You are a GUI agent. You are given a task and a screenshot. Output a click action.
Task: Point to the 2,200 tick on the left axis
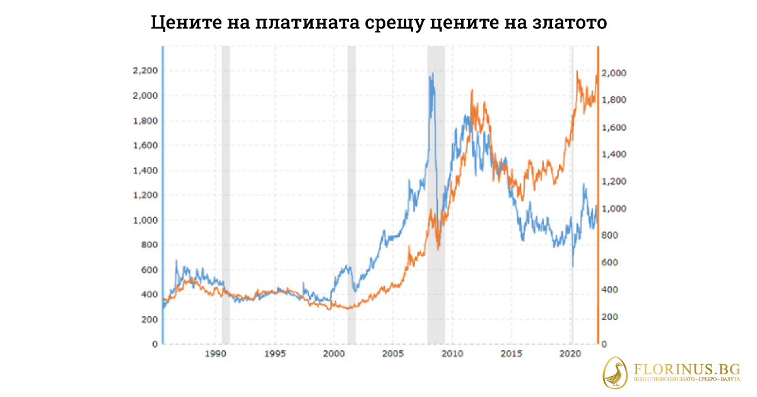144,71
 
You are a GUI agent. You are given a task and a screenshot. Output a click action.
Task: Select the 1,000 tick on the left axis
144,220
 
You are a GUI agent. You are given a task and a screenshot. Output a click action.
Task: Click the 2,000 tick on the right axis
616,74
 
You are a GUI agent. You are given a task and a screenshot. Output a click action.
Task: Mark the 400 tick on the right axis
612,290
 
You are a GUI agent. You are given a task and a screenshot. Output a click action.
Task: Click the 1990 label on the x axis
216,355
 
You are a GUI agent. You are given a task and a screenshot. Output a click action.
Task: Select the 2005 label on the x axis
392,355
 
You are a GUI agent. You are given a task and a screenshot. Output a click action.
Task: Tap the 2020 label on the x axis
570,355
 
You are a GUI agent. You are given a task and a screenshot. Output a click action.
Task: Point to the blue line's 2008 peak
432,74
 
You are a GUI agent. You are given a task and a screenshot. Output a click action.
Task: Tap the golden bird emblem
616,372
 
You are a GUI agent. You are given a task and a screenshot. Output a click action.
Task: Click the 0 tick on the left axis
153,344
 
